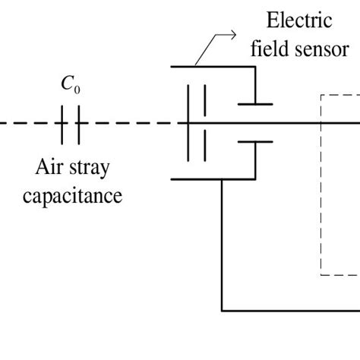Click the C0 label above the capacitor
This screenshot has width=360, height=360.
click(x=71, y=86)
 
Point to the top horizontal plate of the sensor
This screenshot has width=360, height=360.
click(x=213, y=67)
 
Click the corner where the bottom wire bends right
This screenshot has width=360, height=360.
click(x=222, y=310)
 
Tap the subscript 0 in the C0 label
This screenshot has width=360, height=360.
click(x=77, y=90)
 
